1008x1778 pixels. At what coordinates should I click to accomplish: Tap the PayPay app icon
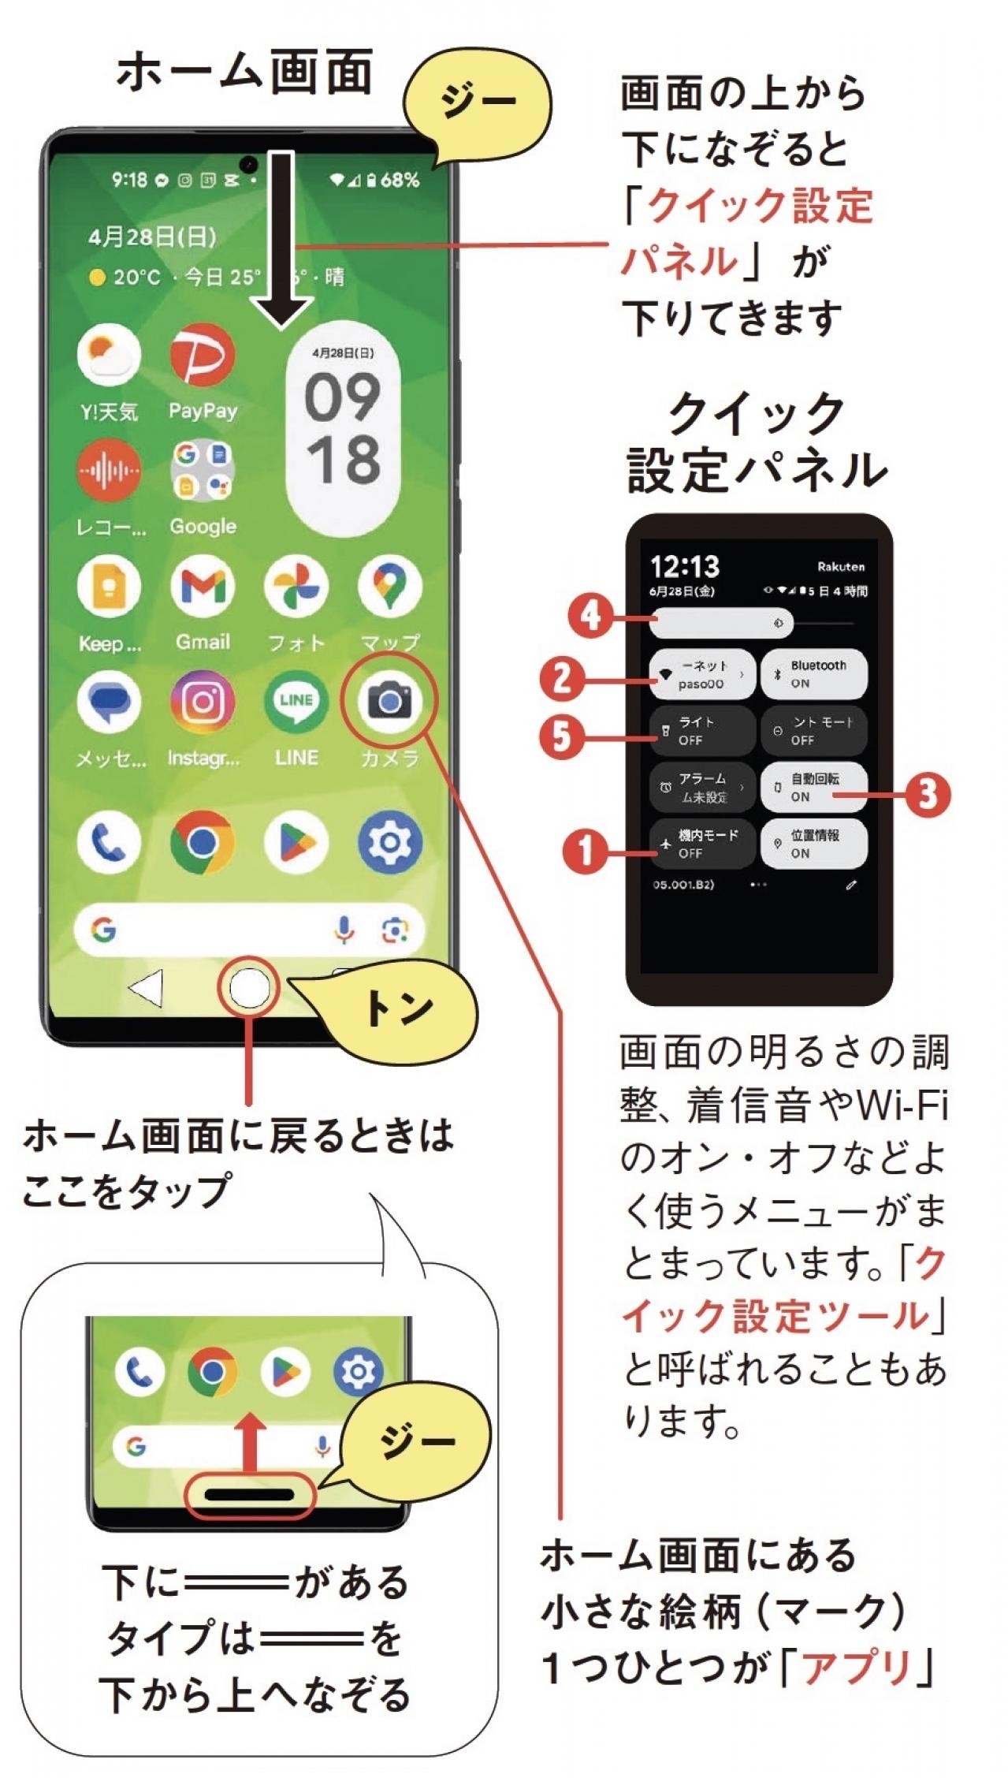point(203,356)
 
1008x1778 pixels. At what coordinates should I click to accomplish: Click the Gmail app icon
point(203,586)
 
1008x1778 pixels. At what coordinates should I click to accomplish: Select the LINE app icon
point(296,700)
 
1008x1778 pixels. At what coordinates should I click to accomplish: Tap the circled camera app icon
point(389,700)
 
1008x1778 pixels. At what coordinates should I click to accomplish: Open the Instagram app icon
point(203,700)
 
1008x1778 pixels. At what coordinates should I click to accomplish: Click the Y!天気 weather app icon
point(109,356)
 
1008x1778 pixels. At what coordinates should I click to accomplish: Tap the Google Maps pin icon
point(389,586)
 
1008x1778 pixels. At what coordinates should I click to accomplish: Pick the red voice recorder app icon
point(109,471)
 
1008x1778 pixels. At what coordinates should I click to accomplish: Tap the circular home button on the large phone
point(249,988)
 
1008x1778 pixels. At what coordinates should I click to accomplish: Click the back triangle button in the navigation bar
point(147,988)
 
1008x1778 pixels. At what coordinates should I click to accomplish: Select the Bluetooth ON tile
point(813,674)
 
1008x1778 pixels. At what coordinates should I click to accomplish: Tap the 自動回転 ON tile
point(813,787)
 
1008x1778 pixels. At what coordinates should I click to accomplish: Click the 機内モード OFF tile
point(702,844)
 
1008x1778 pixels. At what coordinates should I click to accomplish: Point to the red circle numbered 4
point(590,616)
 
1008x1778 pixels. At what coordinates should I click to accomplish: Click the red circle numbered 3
point(928,793)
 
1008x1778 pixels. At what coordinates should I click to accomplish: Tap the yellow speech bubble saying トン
point(400,1008)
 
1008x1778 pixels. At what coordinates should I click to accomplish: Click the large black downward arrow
point(281,240)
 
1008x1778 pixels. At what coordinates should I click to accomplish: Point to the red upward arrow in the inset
point(251,1441)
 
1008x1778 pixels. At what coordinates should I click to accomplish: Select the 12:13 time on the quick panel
point(685,566)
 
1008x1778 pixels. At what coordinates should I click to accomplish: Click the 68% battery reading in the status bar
point(400,181)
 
